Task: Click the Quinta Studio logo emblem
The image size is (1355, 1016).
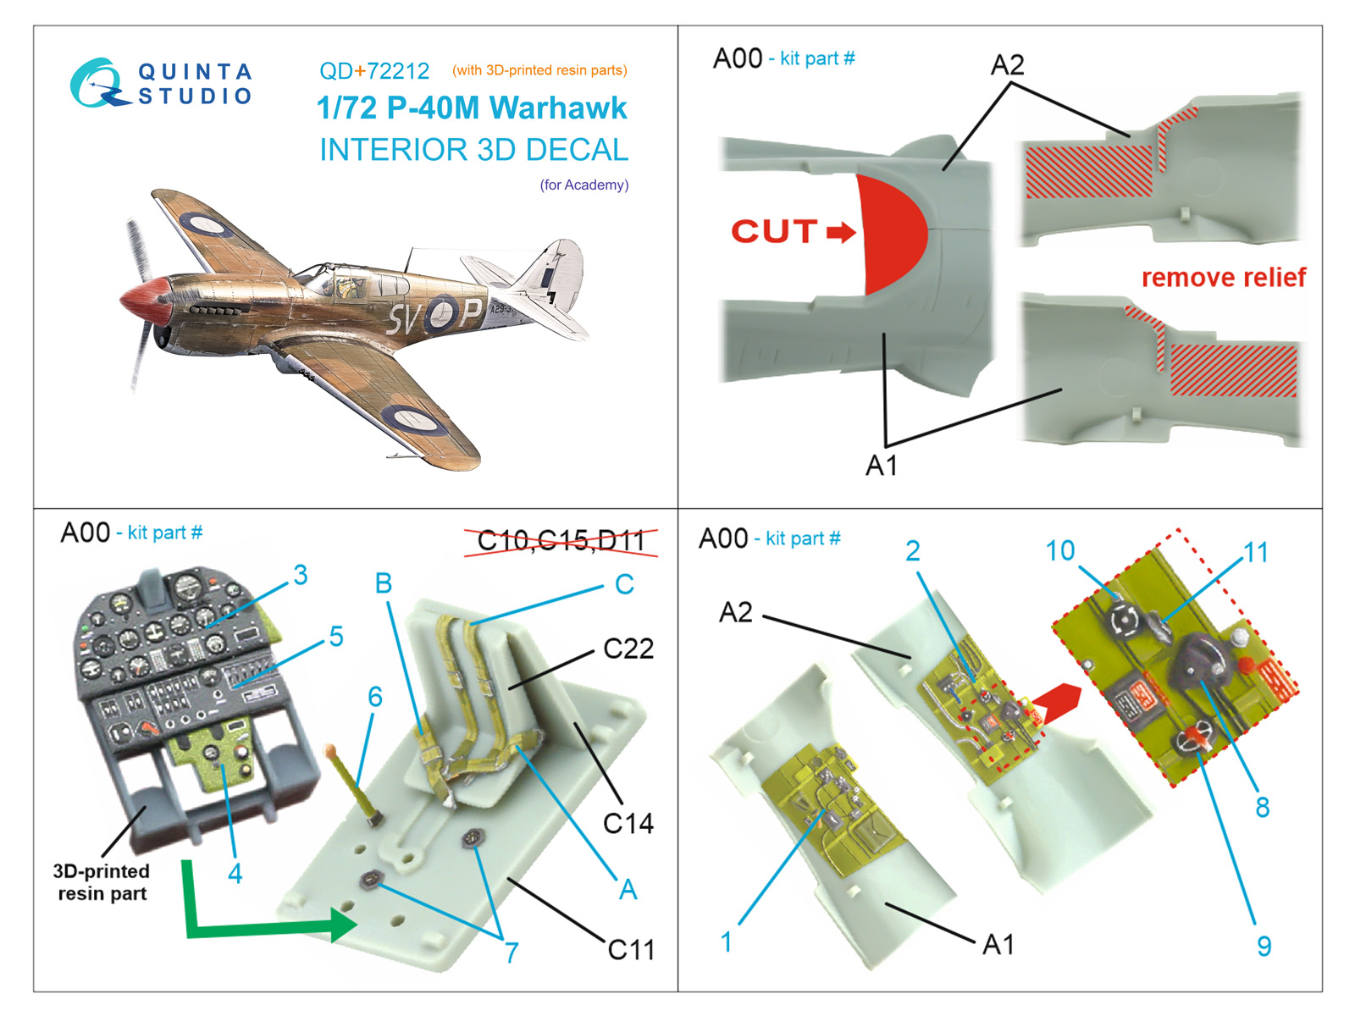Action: (96, 83)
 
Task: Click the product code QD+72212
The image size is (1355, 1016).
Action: (373, 71)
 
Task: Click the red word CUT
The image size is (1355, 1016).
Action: (774, 231)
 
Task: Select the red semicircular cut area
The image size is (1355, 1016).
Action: (892, 233)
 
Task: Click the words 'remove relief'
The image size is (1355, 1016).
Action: (1223, 278)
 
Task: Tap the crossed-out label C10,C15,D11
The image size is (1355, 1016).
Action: (561, 540)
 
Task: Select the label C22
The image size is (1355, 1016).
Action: (628, 649)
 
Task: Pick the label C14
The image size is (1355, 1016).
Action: (628, 823)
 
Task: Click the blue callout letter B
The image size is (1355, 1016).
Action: (384, 583)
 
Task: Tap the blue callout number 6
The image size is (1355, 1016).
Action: (375, 697)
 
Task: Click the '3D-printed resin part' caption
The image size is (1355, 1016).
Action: (102, 882)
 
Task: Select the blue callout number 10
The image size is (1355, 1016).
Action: (1059, 551)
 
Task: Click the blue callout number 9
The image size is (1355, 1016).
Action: (1264, 946)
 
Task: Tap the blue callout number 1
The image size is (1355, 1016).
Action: (726, 941)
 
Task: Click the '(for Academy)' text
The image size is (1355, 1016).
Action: (584, 185)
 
